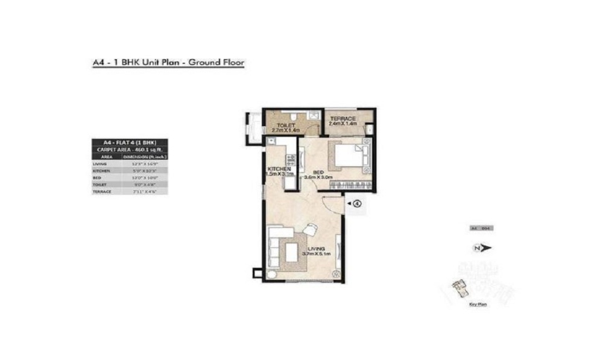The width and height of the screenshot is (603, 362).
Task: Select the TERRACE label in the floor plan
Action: pos(343,118)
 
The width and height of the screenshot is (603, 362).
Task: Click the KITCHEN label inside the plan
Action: pos(278,169)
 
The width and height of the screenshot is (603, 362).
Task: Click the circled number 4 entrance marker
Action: pos(357,204)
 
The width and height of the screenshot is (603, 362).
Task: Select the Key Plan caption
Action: pos(478,305)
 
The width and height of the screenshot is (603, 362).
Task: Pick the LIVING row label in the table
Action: pos(100,164)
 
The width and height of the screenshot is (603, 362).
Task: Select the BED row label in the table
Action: pos(96,177)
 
